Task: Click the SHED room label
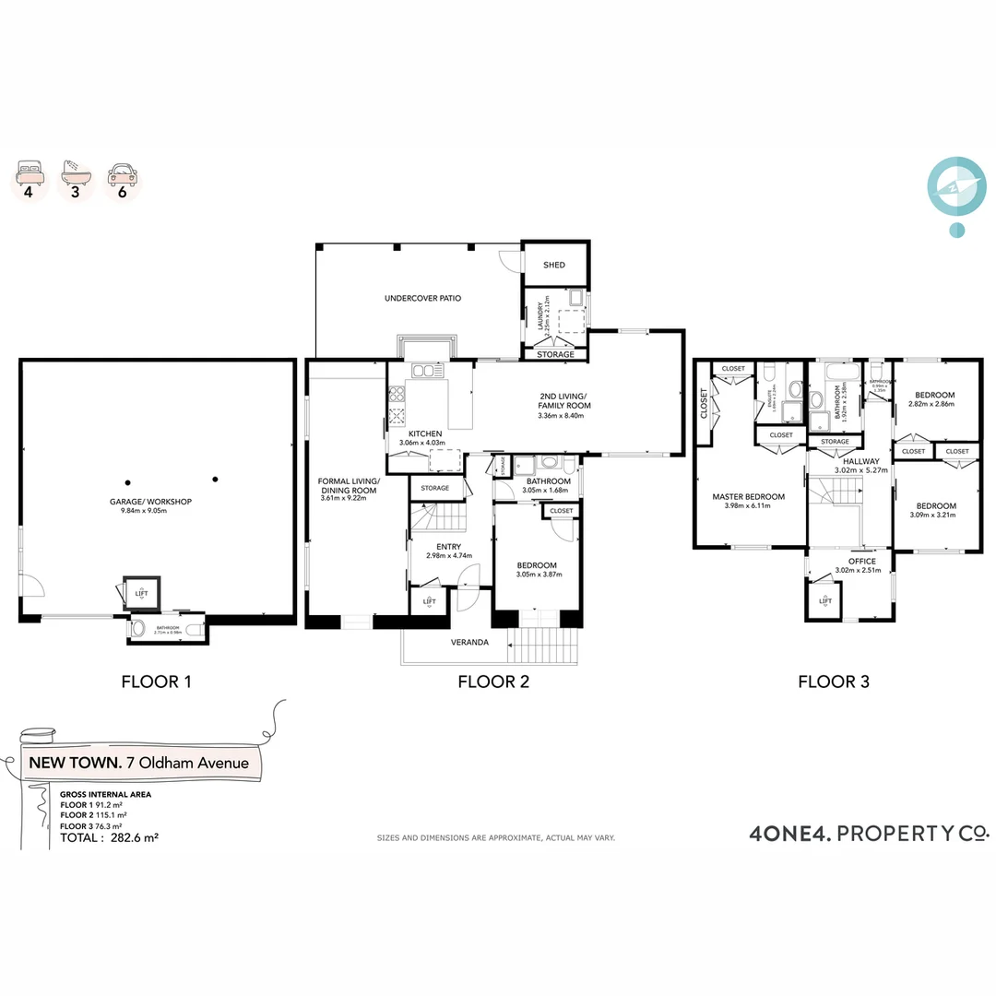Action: point(554,265)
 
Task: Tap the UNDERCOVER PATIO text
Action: point(422,299)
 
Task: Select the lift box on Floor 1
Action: point(141,593)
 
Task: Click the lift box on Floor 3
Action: point(824,603)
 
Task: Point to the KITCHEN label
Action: point(420,433)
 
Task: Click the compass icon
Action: point(956,186)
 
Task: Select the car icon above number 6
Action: point(122,172)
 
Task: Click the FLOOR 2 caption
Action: point(493,682)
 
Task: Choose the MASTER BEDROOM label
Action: point(748,497)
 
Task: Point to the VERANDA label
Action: point(469,643)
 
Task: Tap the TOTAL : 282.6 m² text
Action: point(109,838)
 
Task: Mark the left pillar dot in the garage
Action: point(128,480)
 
